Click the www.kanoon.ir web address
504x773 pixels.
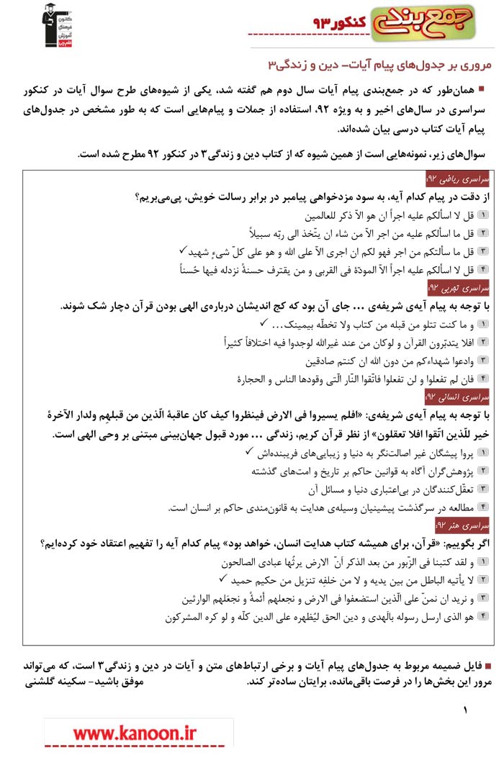click(x=135, y=733)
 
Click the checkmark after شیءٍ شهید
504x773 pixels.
click(x=183, y=250)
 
